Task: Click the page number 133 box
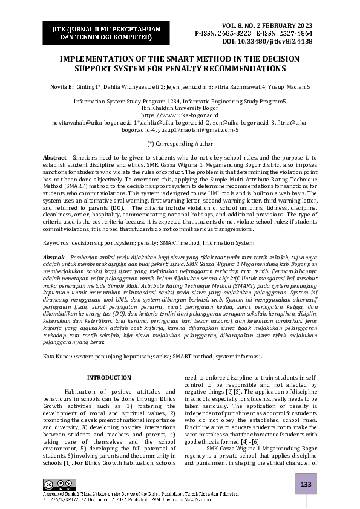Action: [x=306, y=485]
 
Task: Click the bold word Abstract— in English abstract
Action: [x=57, y=157]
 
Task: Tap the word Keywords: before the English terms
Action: [x=58, y=242]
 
